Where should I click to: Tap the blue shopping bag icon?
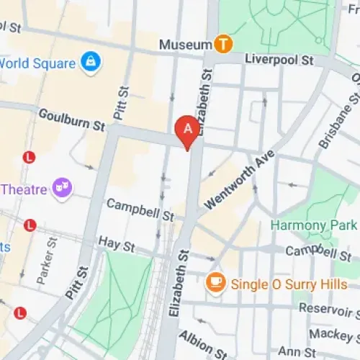[x=91, y=62]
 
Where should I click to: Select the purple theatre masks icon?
[x=63, y=189]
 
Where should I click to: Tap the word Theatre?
[x=24, y=190]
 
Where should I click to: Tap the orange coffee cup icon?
[x=215, y=284]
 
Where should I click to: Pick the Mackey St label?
[x=333, y=335]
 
